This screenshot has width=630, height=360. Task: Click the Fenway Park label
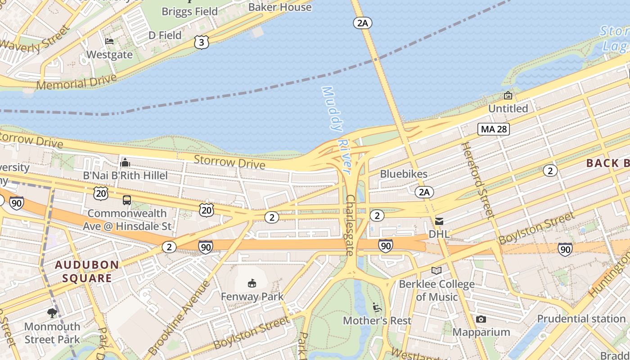(x=252, y=297)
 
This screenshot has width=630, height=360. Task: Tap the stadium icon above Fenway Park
(x=252, y=283)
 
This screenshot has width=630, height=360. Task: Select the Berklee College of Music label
(x=436, y=291)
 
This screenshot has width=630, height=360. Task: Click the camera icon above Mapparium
(x=481, y=319)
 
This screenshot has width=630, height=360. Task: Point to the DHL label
(x=439, y=234)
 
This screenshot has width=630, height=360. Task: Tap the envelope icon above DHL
(x=439, y=221)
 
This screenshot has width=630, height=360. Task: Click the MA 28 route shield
(x=494, y=129)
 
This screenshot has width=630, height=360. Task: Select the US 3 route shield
(x=202, y=42)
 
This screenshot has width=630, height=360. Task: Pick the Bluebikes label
(x=404, y=174)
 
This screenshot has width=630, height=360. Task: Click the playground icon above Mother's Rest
(x=377, y=308)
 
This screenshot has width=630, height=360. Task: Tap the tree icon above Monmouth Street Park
(x=52, y=313)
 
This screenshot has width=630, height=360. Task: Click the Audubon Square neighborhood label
(x=87, y=271)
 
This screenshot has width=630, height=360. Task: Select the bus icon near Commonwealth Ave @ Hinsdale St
(x=127, y=200)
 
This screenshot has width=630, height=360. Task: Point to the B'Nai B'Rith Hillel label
(x=125, y=175)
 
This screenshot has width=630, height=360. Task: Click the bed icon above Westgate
(x=109, y=41)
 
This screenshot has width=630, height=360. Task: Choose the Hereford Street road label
(x=477, y=180)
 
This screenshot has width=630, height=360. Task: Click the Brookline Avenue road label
(x=179, y=319)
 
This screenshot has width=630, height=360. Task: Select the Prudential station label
(x=581, y=319)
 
